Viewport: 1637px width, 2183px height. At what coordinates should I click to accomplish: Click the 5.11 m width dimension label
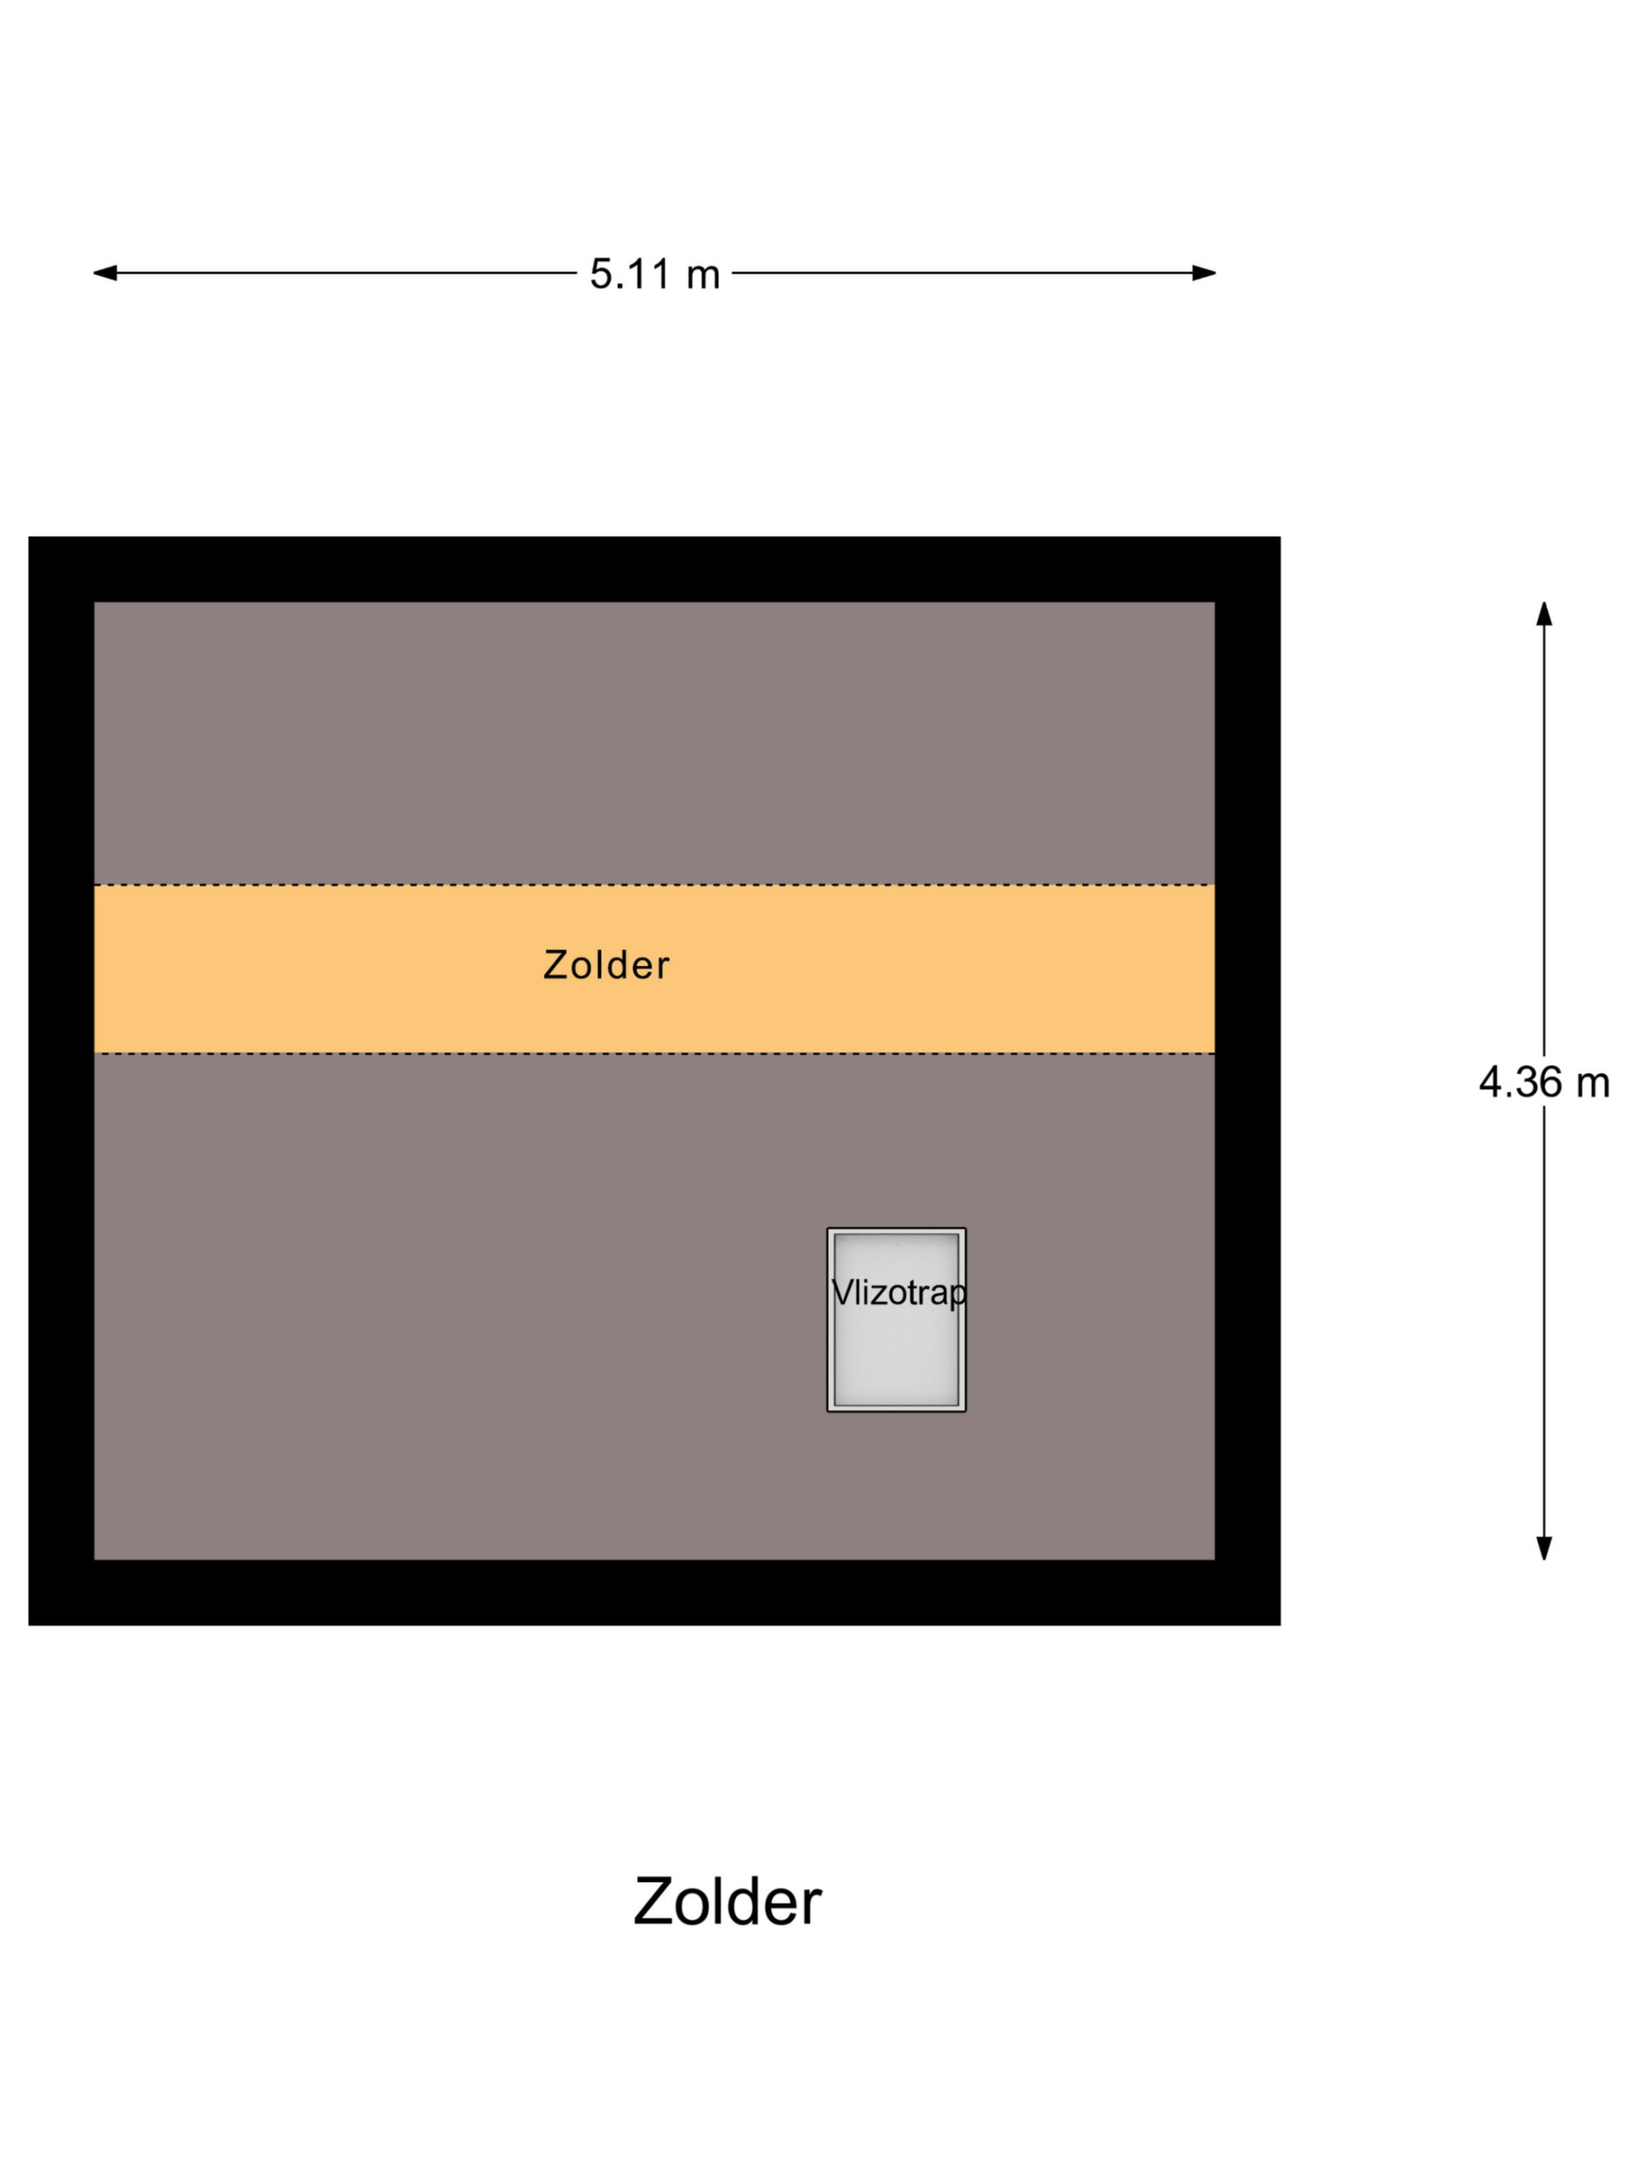(654, 274)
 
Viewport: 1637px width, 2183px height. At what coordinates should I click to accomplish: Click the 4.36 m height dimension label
(1543, 1083)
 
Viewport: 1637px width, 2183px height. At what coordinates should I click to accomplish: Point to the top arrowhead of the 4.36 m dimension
(1544, 614)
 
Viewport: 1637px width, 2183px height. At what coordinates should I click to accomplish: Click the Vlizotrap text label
(898, 1292)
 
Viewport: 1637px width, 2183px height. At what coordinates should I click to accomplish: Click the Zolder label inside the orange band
(606, 965)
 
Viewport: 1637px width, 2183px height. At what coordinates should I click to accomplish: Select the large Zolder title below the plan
(727, 1902)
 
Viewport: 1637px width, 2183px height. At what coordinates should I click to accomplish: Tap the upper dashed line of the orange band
(395, 884)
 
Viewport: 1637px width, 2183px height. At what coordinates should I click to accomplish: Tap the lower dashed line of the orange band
(395, 1053)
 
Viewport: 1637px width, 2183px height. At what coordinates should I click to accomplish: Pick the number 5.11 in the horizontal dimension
(631, 274)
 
